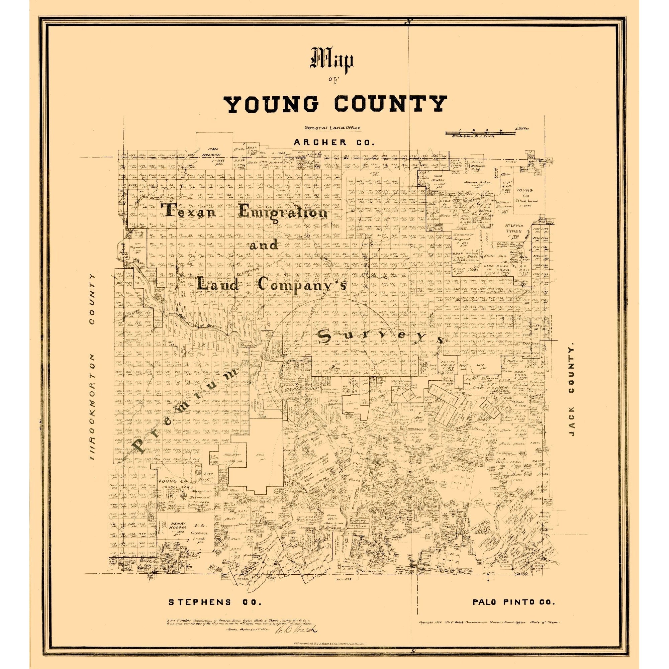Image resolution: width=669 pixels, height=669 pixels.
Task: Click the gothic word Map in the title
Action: tap(333, 61)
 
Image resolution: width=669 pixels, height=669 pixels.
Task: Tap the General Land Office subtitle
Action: tap(332, 127)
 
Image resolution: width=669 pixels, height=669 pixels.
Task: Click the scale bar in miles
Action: tap(480, 132)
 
